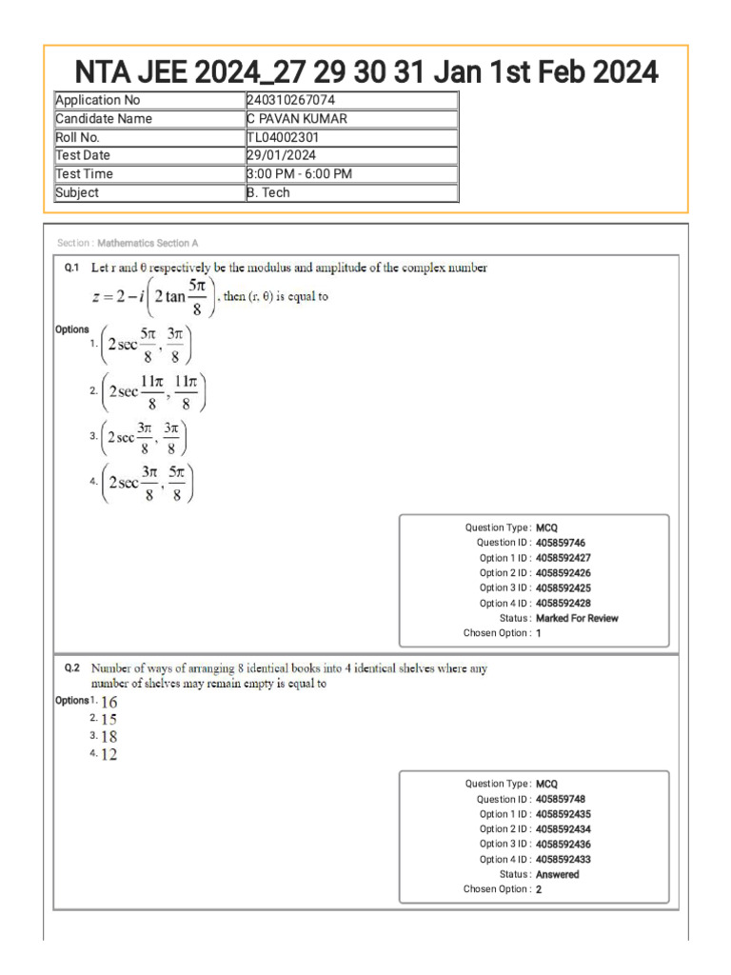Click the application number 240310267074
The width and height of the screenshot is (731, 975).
(290, 100)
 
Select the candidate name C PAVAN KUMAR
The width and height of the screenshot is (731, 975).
(296, 119)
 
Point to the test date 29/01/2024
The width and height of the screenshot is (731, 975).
(282, 155)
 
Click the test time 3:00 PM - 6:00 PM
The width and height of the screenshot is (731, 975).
(299, 173)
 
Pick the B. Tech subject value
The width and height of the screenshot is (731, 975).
(268, 192)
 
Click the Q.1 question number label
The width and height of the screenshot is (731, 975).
(71, 269)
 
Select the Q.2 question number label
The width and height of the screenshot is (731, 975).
(71, 668)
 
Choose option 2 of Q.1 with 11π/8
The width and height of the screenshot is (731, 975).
(152, 390)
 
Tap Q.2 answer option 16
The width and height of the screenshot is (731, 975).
(109, 702)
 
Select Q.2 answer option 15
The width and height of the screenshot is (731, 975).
(109, 720)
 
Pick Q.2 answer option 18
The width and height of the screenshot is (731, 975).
(109, 737)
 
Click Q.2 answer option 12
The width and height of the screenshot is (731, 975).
(109, 755)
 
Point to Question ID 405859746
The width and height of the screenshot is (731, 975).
(561, 543)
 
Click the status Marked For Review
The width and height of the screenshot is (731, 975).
(577, 618)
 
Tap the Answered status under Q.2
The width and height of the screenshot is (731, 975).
(557, 874)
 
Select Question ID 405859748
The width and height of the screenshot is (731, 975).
(561, 800)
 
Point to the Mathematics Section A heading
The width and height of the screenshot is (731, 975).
(148, 244)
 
